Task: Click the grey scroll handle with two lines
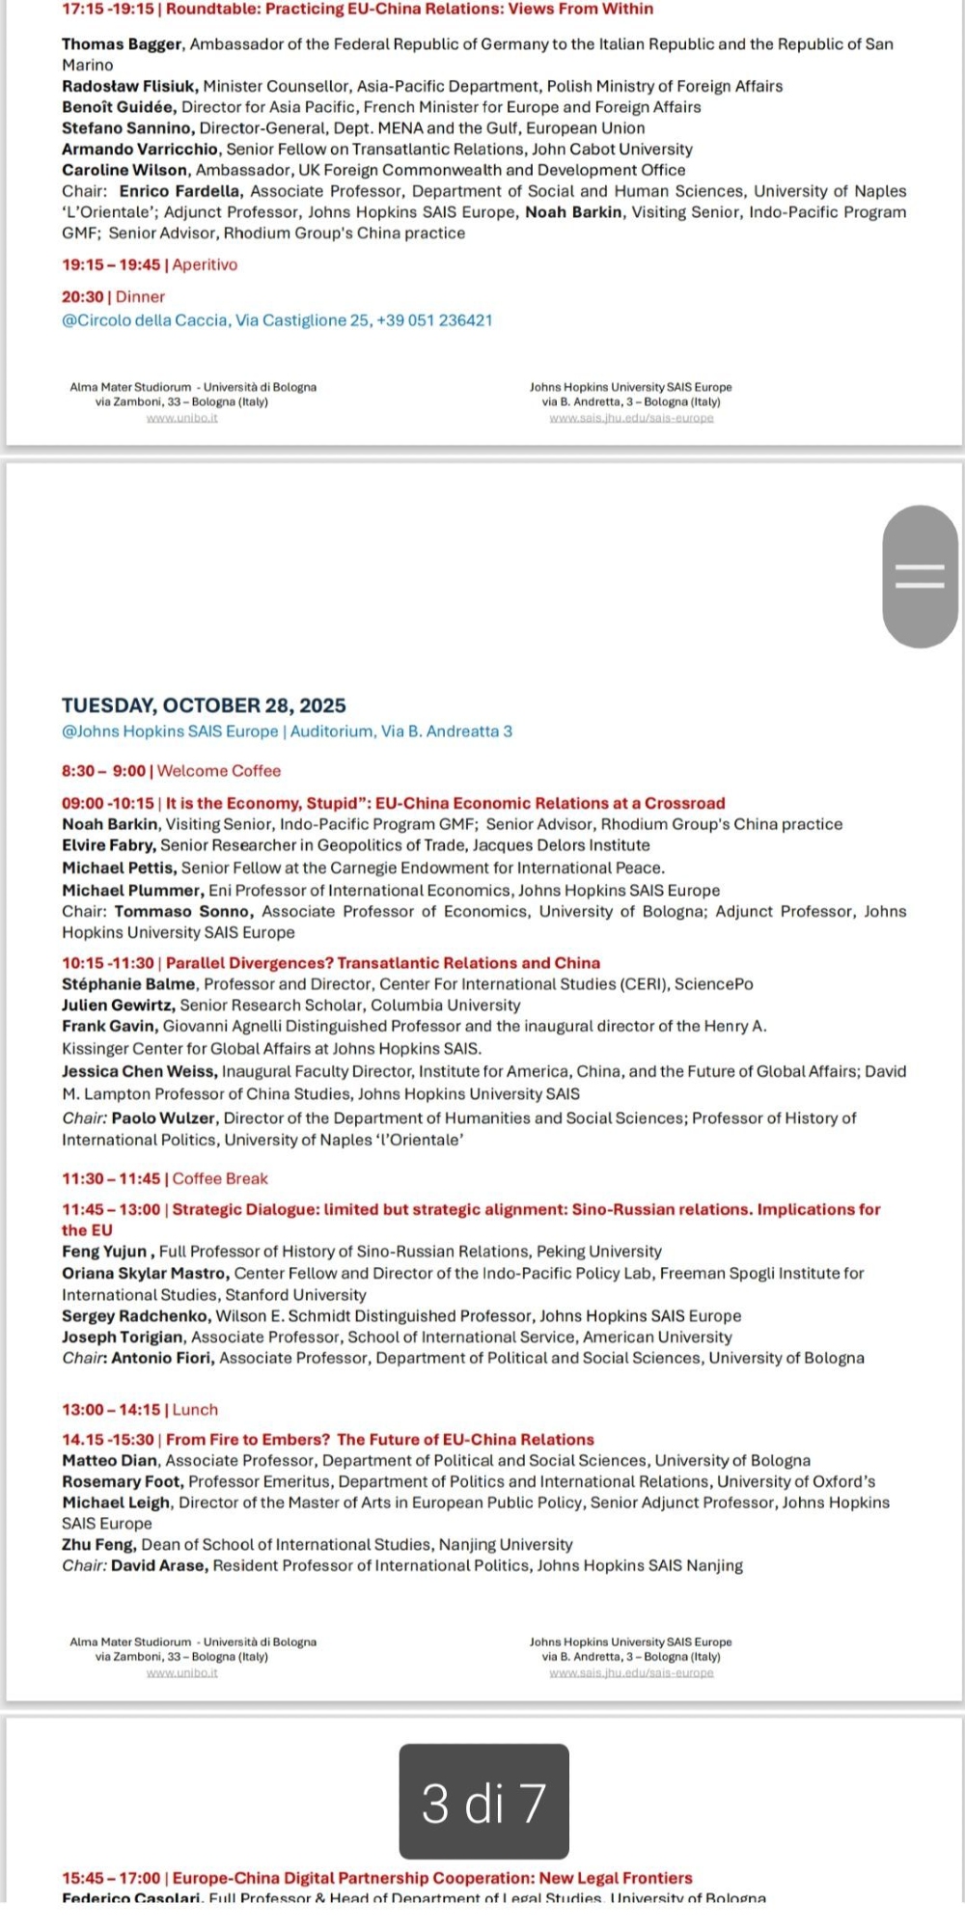(x=920, y=576)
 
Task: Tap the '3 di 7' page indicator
(x=483, y=1801)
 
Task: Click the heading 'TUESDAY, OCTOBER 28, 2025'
(x=204, y=705)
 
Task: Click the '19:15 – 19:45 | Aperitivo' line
(x=150, y=264)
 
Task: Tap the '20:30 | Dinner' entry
(x=113, y=297)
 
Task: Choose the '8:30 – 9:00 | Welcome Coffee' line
(x=171, y=771)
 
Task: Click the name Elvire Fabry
(x=108, y=845)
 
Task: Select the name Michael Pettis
(x=119, y=868)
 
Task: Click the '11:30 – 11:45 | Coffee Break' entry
(x=165, y=1178)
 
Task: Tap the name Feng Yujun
(x=104, y=1252)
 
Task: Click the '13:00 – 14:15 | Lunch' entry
(x=140, y=1410)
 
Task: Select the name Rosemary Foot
(x=122, y=1481)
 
